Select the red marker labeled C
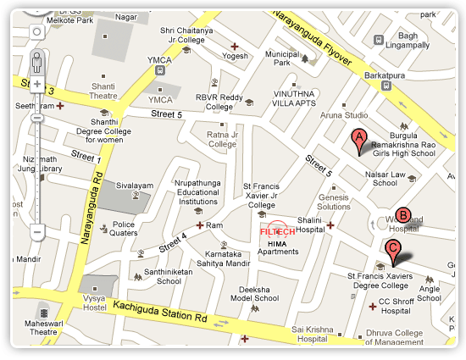tap(392, 250)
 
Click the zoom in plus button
tap(36, 85)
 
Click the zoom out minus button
tap(36, 230)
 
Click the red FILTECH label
tap(276, 230)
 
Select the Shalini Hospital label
tap(310, 224)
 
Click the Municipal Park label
tap(284, 58)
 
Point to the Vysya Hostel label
tap(99, 302)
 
